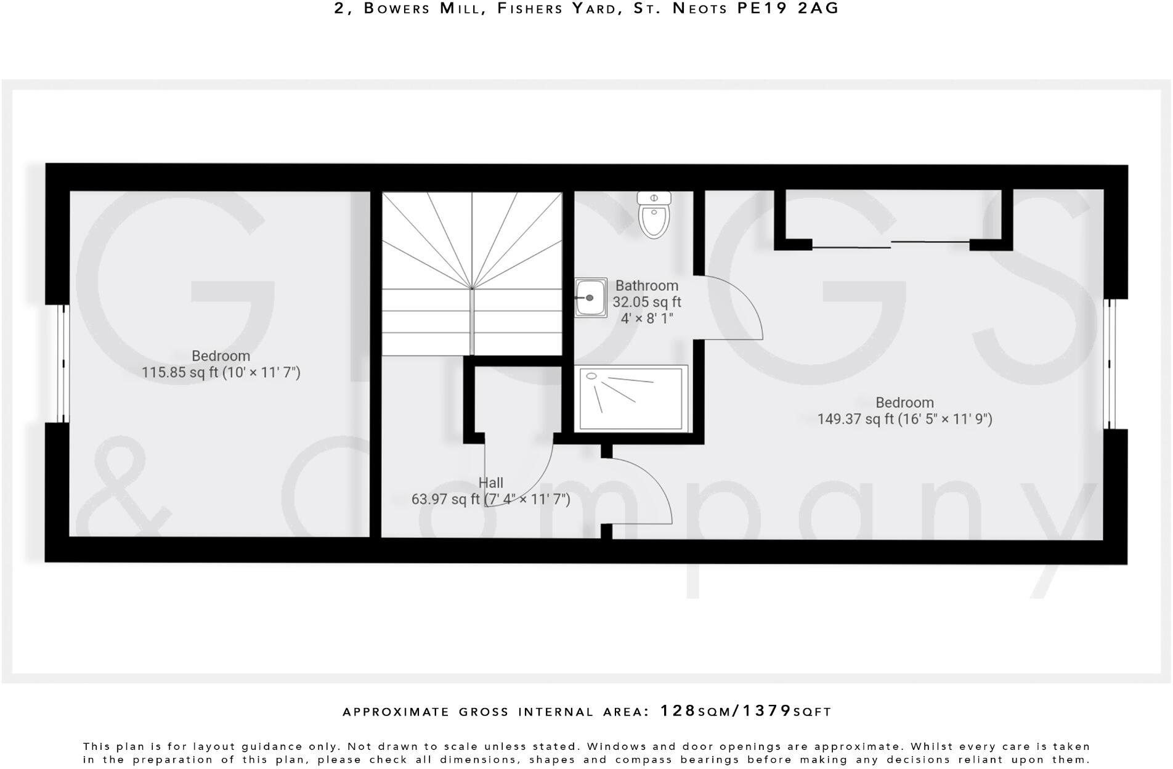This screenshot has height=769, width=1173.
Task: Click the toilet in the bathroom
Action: pyautogui.click(x=654, y=216)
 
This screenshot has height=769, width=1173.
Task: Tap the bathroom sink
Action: pyautogui.click(x=590, y=298)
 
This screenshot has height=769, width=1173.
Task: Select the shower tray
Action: pyautogui.click(x=631, y=399)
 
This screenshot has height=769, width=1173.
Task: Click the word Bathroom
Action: pyautogui.click(x=646, y=286)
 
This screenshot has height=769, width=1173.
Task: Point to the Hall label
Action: pyautogui.click(x=490, y=483)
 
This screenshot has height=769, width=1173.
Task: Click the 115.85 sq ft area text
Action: pyautogui.click(x=179, y=373)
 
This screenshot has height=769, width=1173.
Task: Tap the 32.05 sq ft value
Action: pyautogui.click(x=646, y=303)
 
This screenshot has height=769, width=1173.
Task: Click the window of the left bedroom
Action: pyautogui.click(x=62, y=364)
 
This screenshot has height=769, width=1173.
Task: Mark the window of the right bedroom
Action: pyautogui.click(x=1110, y=364)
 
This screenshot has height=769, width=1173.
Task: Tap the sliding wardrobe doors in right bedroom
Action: pyautogui.click(x=890, y=245)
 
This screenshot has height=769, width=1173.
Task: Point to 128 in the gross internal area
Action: pyautogui.click(x=678, y=711)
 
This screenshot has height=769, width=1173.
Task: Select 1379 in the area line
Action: pyautogui.click(x=767, y=711)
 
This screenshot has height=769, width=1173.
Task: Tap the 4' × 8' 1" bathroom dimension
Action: pyautogui.click(x=646, y=319)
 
